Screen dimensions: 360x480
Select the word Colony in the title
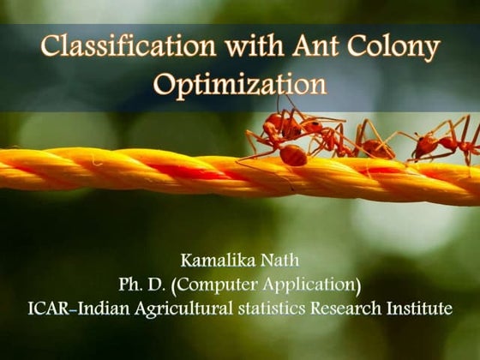[x=393, y=48]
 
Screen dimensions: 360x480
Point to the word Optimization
[x=240, y=86]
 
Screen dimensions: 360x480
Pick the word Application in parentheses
[x=315, y=284]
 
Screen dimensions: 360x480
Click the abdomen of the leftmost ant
[x=293, y=154]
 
